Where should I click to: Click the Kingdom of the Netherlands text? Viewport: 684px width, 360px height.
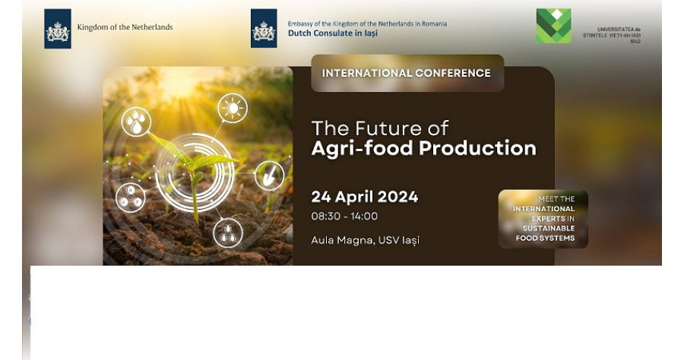coord(125,27)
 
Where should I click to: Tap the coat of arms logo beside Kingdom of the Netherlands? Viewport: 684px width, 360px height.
coord(58,29)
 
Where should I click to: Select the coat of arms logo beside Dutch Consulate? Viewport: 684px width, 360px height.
coord(264,29)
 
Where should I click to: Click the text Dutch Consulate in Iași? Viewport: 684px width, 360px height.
coord(333,33)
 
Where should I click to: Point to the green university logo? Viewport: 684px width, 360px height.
coord(553,26)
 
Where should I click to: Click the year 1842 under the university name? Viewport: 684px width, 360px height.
coord(635,42)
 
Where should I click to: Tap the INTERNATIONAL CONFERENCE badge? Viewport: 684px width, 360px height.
coord(407,73)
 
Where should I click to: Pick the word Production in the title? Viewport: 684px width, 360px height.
coord(478,149)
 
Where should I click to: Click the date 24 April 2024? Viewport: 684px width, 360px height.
coord(365,197)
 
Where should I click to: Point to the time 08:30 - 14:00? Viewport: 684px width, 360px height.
coord(344,216)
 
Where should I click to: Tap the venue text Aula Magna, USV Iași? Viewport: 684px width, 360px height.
coord(365,240)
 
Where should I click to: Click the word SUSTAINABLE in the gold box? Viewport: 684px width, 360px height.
coord(549,229)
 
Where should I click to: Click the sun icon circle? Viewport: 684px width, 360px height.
coord(233,108)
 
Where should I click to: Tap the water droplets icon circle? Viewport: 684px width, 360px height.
coord(136,122)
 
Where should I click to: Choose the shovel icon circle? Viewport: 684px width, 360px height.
coord(269,175)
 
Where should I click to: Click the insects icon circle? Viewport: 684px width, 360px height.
coord(228,232)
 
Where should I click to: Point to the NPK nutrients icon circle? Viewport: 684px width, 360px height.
coord(131,197)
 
